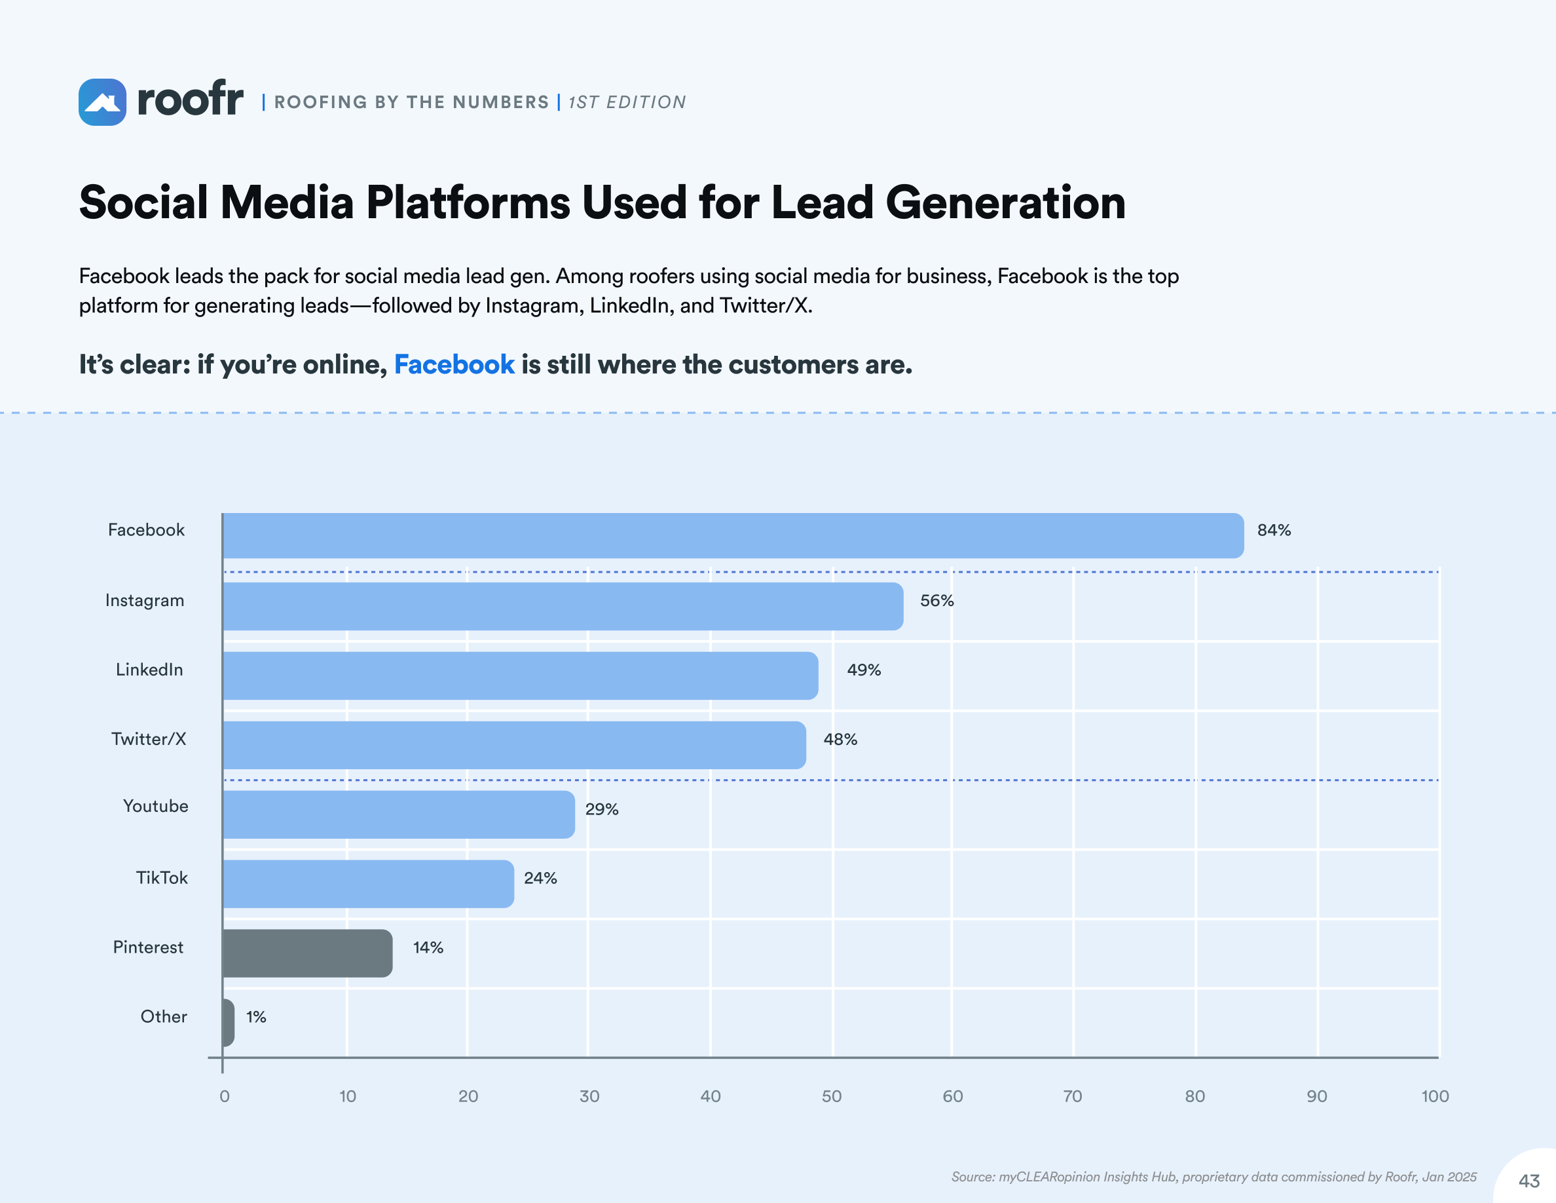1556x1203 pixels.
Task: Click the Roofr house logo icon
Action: tap(103, 102)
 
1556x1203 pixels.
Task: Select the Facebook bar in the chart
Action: tap(732, 535)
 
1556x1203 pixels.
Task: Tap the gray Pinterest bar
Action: tap(307, 953)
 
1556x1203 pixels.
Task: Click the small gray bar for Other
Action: tap(228, 1022)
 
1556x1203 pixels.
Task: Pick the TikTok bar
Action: tap(367, 884)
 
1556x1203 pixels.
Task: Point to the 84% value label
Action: tap(1273, 530)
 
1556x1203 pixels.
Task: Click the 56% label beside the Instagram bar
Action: tap(936, 601)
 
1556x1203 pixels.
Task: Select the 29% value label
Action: tap(601, 810)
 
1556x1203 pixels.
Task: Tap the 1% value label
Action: tap(256, 1017)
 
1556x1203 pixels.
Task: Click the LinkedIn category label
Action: tap(149, 670)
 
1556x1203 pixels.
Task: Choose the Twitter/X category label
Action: tap(149, 739)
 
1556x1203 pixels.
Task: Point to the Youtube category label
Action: tap(155, 806)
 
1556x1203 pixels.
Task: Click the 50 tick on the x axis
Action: tap(832, 1096)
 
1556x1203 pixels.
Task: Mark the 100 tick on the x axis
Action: tap(1434, 1096)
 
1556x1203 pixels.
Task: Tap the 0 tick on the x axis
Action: tap(225, 1096)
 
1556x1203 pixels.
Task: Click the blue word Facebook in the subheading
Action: tap(454, 365)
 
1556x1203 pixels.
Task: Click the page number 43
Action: tap(1529, 1181)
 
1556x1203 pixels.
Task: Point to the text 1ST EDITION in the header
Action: tap(627, 103)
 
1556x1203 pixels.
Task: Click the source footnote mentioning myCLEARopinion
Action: tap(1213, 1177)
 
